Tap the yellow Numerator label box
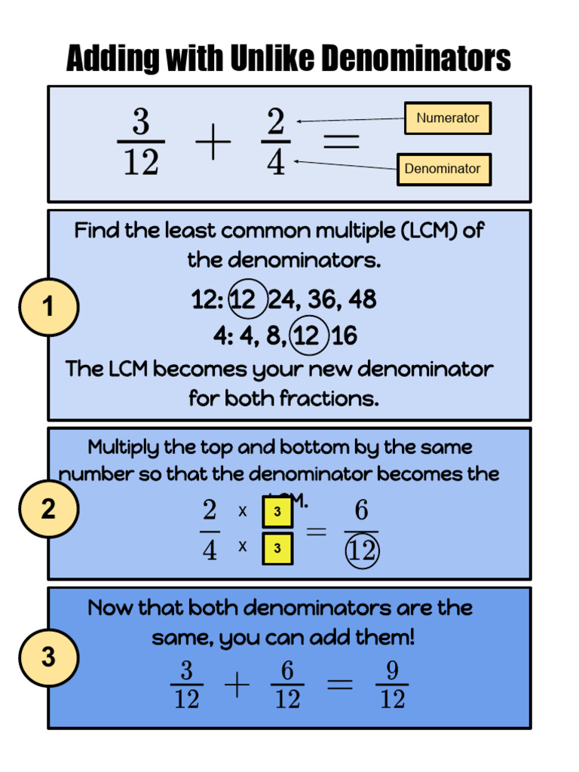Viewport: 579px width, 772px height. [x=448, y=118]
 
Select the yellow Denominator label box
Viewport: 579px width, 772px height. [x=443, y=169]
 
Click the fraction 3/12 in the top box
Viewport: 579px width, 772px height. [x=141, y=142]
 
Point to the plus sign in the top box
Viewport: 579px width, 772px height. [x=213, y=143]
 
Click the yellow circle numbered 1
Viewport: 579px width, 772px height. [x=48, y=307]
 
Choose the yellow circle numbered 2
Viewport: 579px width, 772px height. [x=48, y=510]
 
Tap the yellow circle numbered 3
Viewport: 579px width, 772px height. [x=48, y=657]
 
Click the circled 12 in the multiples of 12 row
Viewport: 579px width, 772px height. [x=244, y=300]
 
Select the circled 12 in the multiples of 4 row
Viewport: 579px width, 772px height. [x=308, y=335]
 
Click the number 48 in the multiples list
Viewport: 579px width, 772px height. [x=363, y=300]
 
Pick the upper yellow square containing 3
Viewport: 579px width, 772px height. [x=277, y=513]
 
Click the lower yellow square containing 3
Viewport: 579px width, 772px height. [x=277, y=548]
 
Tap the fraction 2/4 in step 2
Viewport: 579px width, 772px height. [x=210, y=531]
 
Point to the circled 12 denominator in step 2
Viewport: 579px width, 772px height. [x=362, y=551]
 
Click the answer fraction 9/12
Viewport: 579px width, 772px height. [x=391, y=685]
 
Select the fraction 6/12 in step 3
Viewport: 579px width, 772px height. [x=287, y=685]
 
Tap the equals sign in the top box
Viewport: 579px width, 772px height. [x=341, y=142]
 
